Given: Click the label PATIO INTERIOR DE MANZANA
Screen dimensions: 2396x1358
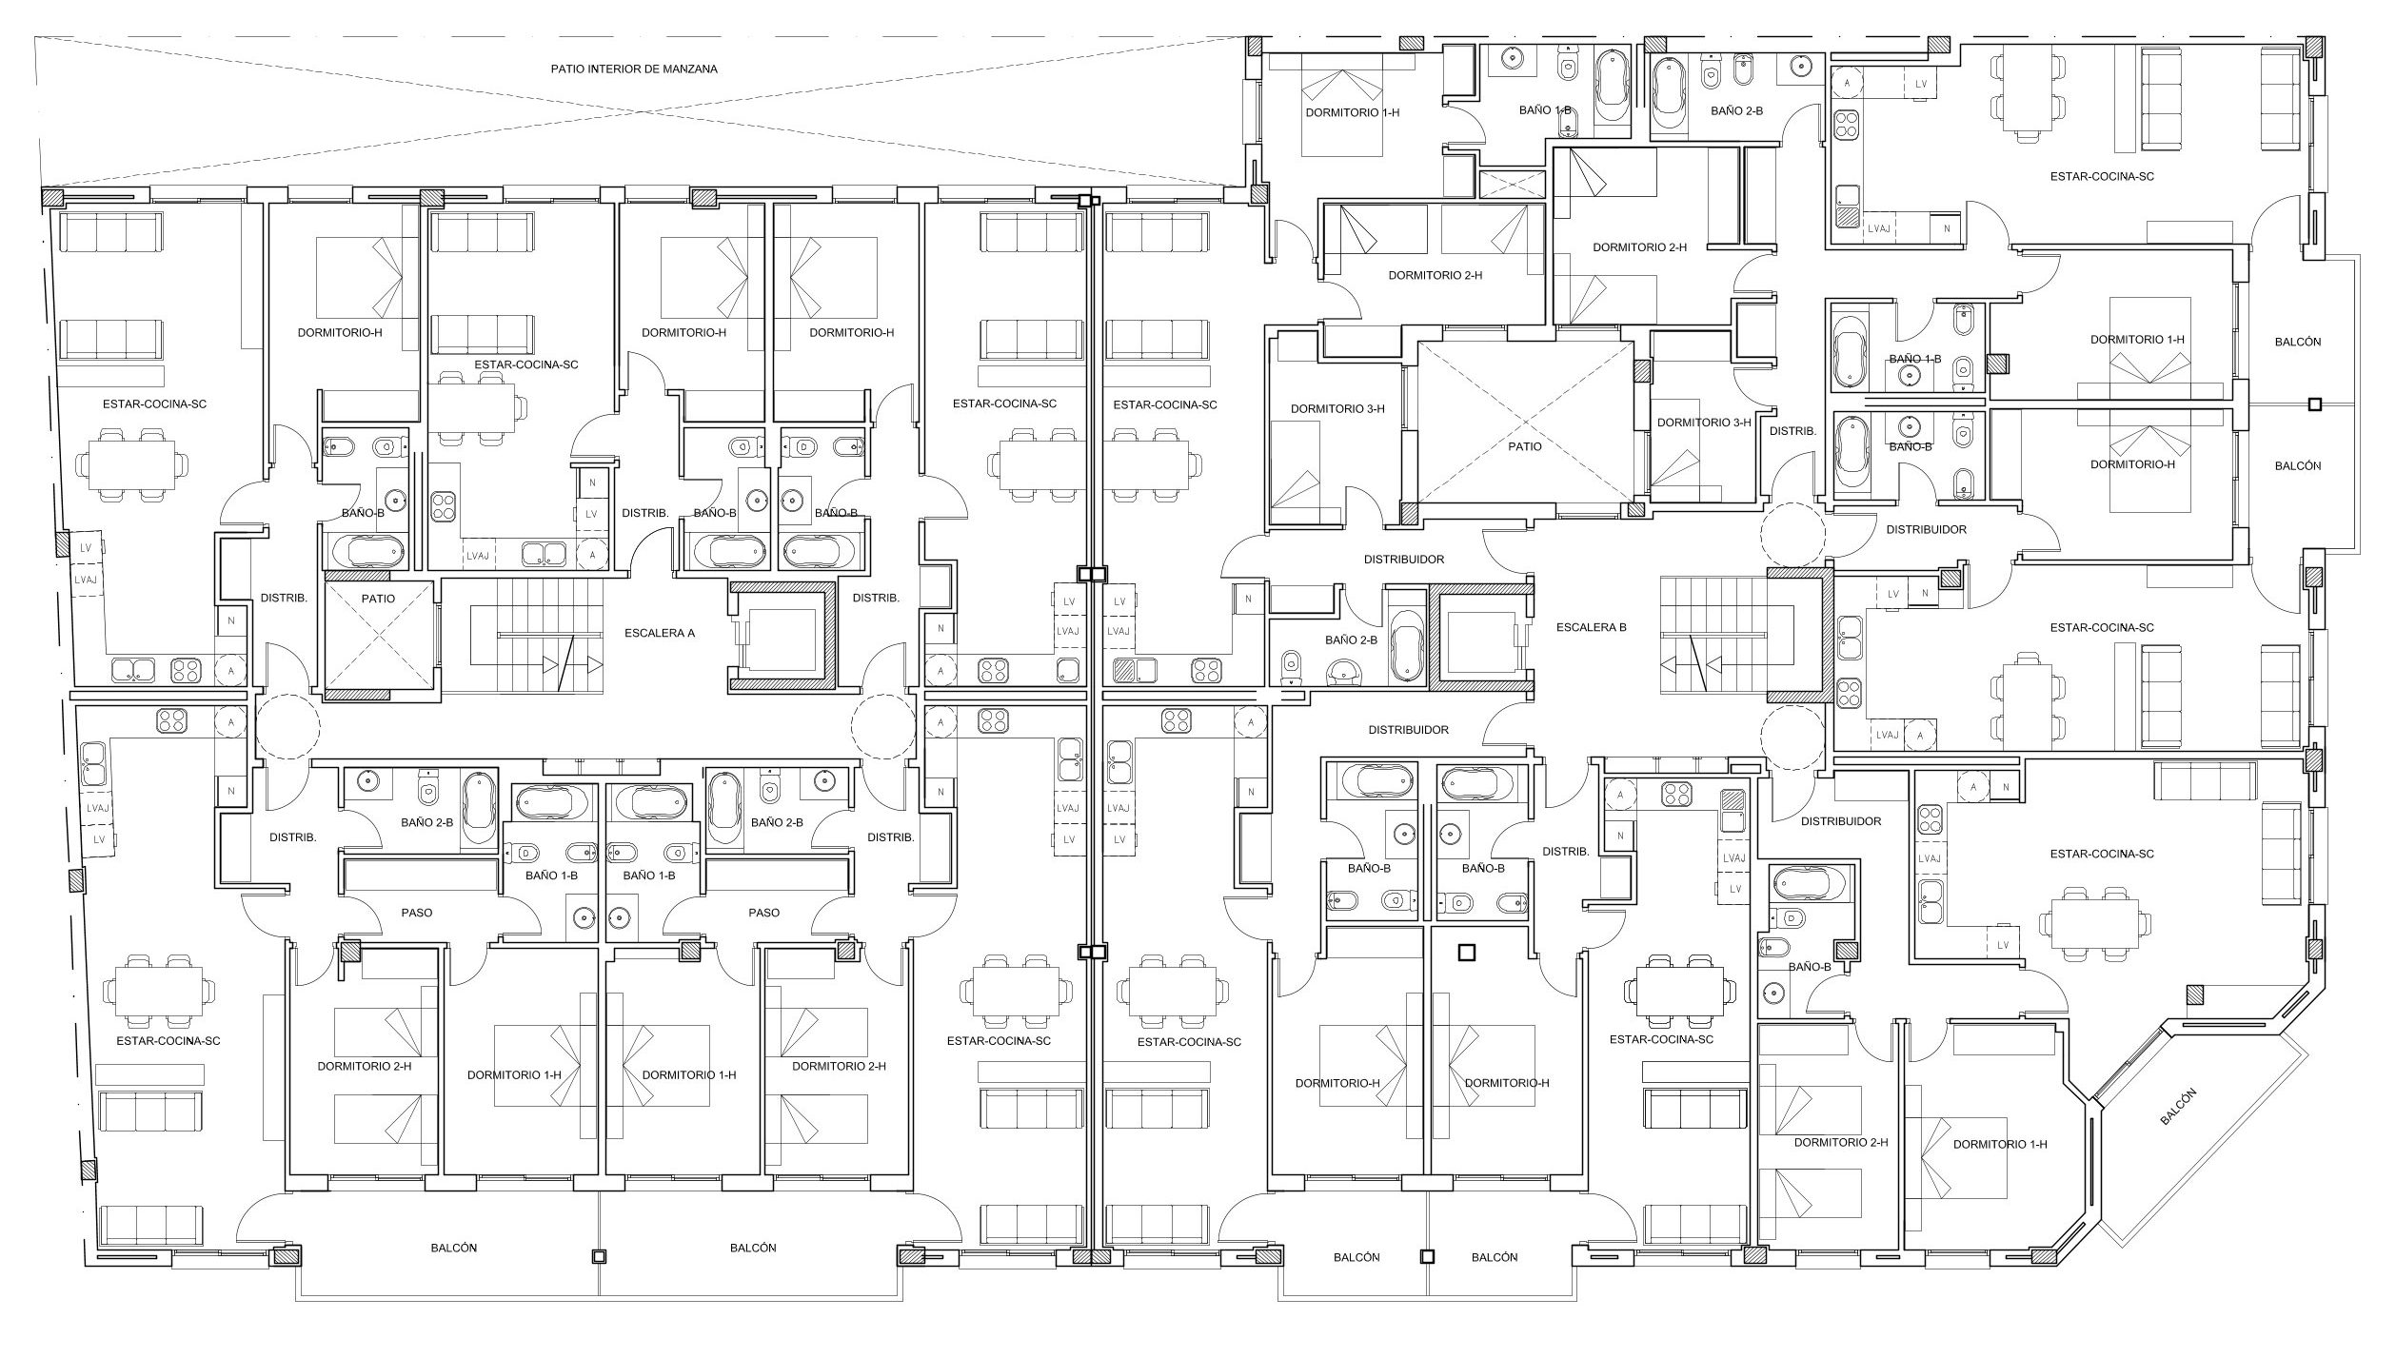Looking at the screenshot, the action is point(634,69).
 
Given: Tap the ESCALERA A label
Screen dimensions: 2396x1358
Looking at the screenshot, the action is point(660,633).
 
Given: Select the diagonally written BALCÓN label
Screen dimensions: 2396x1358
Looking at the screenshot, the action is point(2177,1108).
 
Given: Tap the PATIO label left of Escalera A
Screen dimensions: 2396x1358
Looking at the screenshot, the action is point(378,599).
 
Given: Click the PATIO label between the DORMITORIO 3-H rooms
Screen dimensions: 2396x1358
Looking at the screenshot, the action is point(1524,445).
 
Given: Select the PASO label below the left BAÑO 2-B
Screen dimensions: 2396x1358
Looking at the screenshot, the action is point(416,913).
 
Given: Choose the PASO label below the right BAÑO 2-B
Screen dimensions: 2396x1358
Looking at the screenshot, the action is point(763,913).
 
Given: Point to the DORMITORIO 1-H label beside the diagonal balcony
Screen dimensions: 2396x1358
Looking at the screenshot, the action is point(2000,1145).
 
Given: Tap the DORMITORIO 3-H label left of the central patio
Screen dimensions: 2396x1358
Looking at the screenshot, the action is point(1337,409).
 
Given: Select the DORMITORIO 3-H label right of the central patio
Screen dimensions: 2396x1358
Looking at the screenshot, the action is point(1704,423).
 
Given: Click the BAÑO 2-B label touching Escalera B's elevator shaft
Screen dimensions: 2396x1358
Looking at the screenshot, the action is point(1351,640).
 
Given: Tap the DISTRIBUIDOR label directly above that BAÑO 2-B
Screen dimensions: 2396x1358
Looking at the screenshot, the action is point(1404,561).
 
